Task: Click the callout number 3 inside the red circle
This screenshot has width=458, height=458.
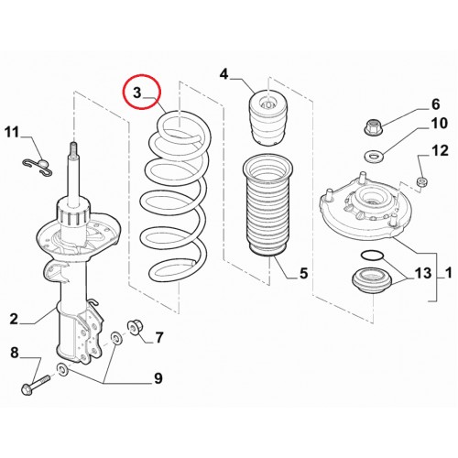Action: (x=137, y=93)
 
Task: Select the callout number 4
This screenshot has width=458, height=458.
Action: (x=224, y=74)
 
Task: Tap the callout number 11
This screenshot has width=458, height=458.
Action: (x=12, y=133)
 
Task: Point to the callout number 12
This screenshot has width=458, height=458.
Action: (x=440, y=150)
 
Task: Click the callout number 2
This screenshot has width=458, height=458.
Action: (x=14, y=319)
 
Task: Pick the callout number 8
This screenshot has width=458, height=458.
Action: (x=15, y=353)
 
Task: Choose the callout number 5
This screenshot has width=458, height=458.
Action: (x=303, y=273)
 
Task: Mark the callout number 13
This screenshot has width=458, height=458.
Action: (x=423, y=273)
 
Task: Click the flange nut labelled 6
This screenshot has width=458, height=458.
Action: (x=372, y=127)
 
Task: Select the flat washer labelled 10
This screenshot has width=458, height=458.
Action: (x=371, y=157)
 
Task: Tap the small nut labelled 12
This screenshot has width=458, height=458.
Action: (x=422, y=181)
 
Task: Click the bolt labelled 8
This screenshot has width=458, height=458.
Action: (x=36, y=384)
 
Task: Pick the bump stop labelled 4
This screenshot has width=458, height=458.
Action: (x=267, y=119)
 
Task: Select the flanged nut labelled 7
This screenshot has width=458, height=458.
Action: (x=134, y=327)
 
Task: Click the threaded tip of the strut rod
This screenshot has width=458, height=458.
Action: (x=73, y=149)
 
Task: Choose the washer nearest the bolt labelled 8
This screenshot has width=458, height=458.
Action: (x=62, y=370)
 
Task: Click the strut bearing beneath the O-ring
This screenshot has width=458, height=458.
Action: (x=371, y=281)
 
